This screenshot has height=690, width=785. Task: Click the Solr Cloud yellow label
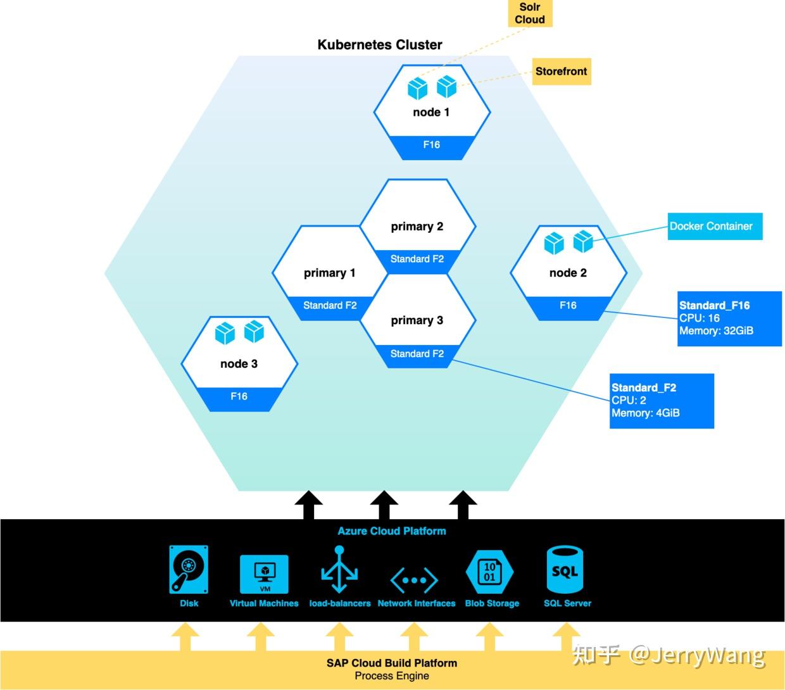[530, 13]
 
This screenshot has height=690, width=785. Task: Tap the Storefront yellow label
[561, 72]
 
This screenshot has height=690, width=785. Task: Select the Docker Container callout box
[715, 226]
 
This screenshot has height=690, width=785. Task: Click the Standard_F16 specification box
[729, 318]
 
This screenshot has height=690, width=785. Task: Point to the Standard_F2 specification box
[661, 401]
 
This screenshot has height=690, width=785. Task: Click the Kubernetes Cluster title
[380, 45]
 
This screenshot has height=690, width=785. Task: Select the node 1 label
[431, 112]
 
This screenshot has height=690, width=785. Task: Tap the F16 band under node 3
[239, 397]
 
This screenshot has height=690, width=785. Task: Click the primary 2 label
[417, 227]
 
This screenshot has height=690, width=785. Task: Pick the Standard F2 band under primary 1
[330, 306]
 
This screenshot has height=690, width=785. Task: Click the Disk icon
[189, 569]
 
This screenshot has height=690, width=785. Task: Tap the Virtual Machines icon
[264, 574]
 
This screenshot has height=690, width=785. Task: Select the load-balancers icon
[339, 570]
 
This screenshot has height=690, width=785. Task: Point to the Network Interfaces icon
[415, 579]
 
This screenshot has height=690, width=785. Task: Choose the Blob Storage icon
[489, 572]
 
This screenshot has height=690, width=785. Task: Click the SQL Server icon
[565, 570]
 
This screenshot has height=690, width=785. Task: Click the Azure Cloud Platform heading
[392, 531]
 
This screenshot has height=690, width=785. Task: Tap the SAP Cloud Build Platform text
[392, 663]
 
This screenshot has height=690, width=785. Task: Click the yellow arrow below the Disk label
[185, 637]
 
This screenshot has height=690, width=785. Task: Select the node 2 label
[568, 273]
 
